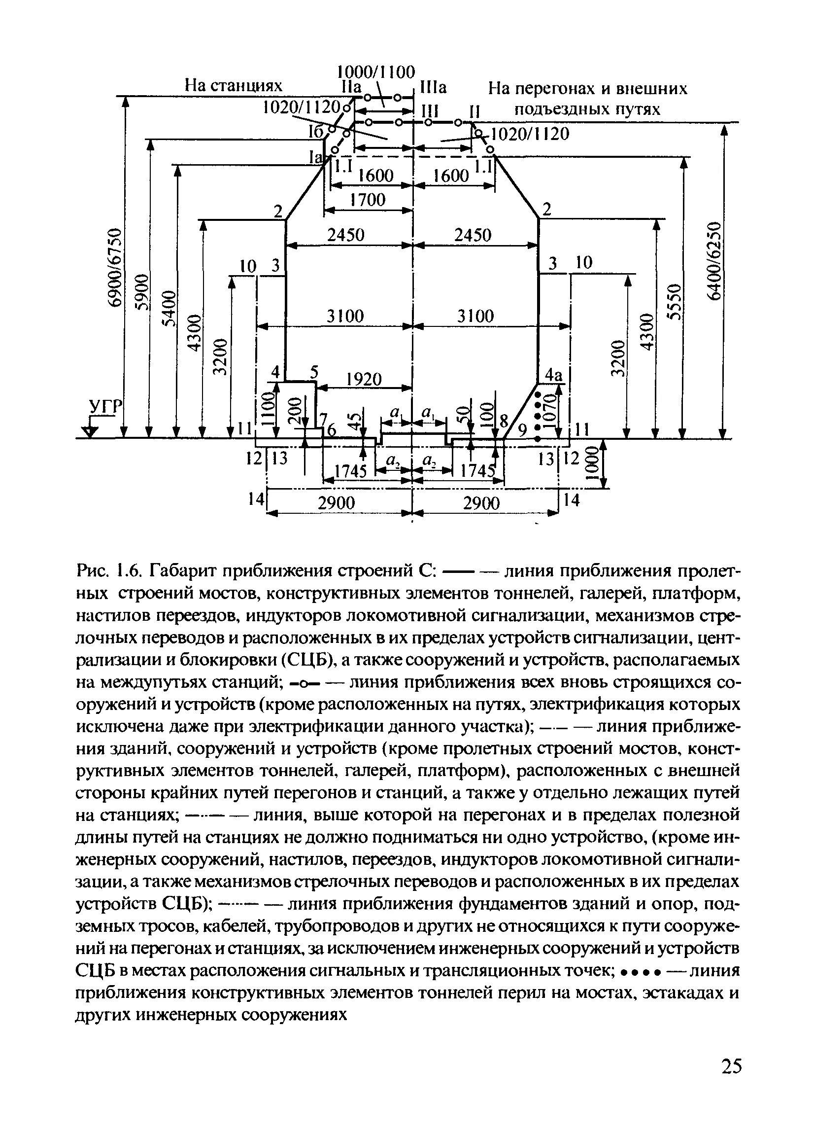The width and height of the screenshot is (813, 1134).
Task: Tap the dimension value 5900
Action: pyautogui.click(x=143, y=292)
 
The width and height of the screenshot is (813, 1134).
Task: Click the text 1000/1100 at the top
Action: pyautogui.click(x=376, y=72)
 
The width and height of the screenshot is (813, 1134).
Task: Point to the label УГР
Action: pyautogui.click(x=105, y=407)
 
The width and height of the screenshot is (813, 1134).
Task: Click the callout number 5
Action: pyautogui.click(x=313, y=371)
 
